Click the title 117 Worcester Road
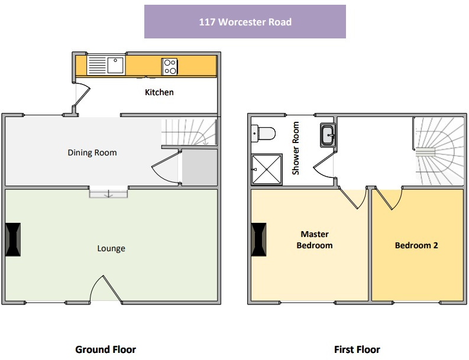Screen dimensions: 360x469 pyautogui.click(x=245, y=22)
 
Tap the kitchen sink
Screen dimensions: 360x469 pyautogui.click(x=107, y=64)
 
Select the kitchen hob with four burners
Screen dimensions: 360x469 pyautogui.click(x=170, y=66)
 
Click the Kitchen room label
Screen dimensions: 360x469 pyautogui.click(x=160, y=92)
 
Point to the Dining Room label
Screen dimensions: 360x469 pyautogui.click(x=92, y=153)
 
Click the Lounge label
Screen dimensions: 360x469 pyautogui.click(x=111, y=248)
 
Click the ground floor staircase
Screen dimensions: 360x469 pyautogui.click(x=188, y=133)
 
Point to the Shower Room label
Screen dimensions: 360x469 pyautogui.click(x=296, y=148)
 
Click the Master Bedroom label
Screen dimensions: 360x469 pyautogui.click(x=314, y=239)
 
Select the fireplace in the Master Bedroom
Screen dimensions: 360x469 pyautogui.click(x=258, y=239)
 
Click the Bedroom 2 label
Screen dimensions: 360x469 pyautogui.click(x=416, y=245)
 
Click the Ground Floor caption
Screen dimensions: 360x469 pyautogui.click(x=105, y=349)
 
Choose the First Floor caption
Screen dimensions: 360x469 pyautogui.click(x=357, y=349)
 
